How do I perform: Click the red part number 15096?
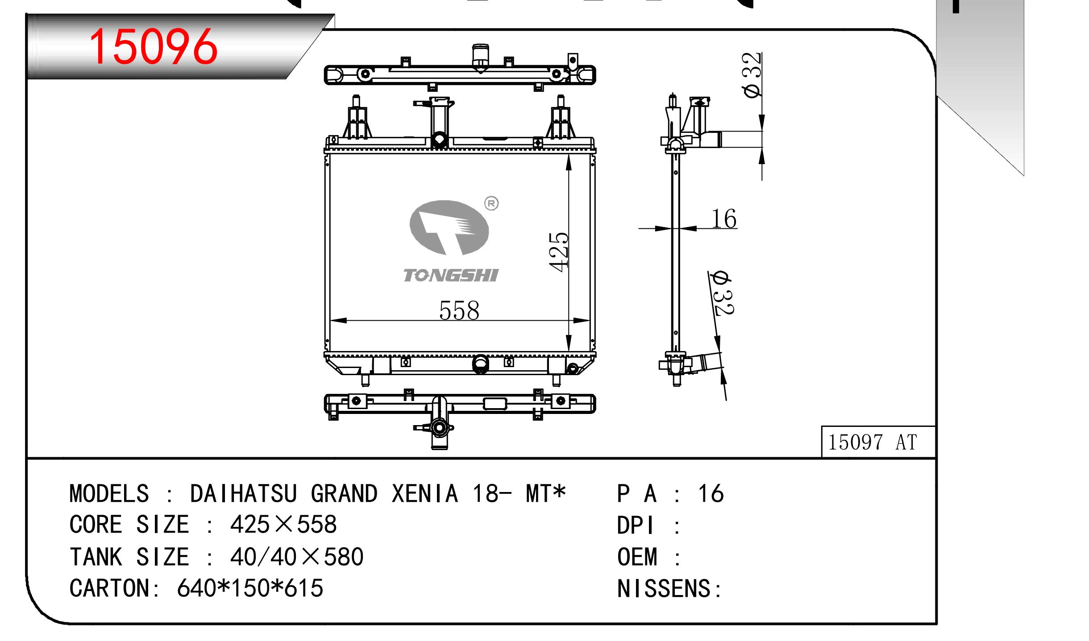click(153, 46)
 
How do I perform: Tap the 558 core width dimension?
click(459, 310)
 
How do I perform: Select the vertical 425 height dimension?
click(559, 252)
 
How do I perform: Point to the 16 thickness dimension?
click(723, 219)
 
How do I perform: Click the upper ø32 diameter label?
click(752, 74)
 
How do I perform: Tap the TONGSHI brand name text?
click(451, 276)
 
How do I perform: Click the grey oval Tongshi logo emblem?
click(449, 228)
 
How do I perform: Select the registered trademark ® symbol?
click(491, 204)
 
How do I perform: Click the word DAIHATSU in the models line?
click(243, 494)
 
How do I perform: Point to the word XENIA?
click(425, 494)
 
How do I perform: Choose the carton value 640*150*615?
click(250, 588)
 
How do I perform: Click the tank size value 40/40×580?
click(297, 557)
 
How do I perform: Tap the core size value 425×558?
click(283, 525)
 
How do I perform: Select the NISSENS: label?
click(669, 588)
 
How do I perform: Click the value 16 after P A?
click(711, 494)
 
